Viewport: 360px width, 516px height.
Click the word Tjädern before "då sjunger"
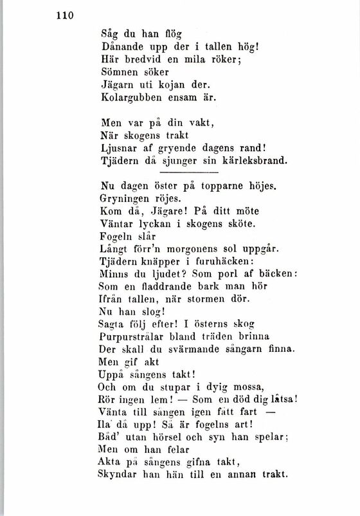tap(122, 160)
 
